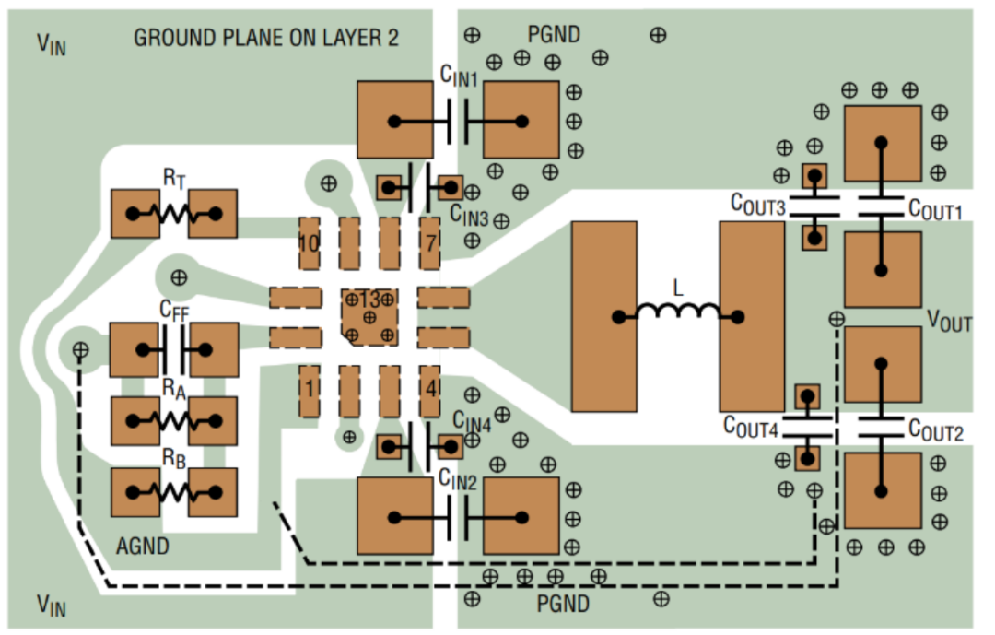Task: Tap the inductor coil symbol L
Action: [678, 312]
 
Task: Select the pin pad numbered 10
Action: [309, 243]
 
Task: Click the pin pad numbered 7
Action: [430, 243]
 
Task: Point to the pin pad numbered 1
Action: [309, 391]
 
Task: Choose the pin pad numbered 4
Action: [430, 391]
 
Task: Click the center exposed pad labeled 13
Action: [370, 317]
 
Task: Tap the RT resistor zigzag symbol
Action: [174, 214]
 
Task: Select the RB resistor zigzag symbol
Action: [174, 492]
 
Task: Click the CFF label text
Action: [174, 311]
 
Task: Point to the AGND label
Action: [143, 547]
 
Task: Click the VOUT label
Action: [949, 321]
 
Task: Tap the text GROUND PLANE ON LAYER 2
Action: [266, 38]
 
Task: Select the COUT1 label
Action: [935, 209]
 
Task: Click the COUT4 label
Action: [751, 427]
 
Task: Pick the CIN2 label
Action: [458, 479]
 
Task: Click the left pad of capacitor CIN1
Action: [395, 120]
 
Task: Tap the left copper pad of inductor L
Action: [604, 316]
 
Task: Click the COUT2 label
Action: [936, 430]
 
